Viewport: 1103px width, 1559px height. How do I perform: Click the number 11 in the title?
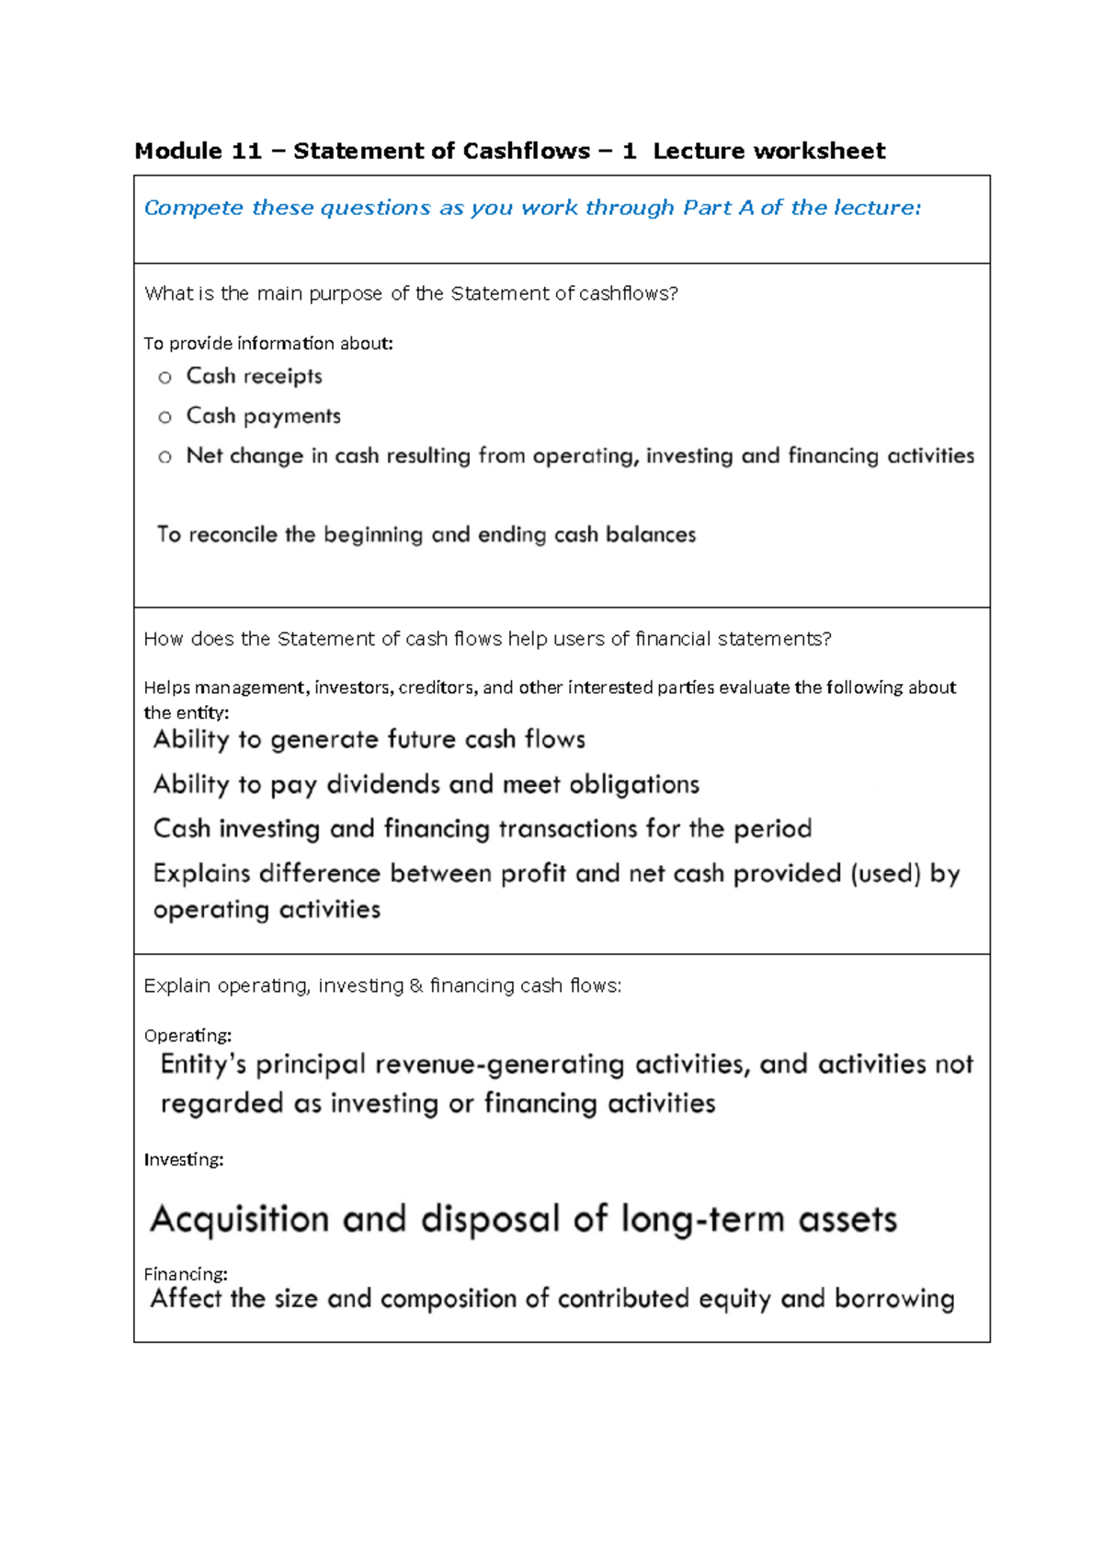click(x=246, y=151)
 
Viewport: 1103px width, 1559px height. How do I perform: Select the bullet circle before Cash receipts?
click(x=165, y=377)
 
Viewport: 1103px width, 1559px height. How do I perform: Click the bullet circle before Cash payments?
click(x=165, y=417)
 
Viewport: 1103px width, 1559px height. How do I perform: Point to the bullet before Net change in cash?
click(x=165, y=457)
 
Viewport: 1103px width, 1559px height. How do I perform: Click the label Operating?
click(x=188, y=1035)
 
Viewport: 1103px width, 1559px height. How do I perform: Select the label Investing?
click(x=184, y=1159)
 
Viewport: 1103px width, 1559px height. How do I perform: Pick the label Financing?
click(x=186, y=1274)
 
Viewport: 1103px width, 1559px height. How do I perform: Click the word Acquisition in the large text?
click(x=239, y=1220)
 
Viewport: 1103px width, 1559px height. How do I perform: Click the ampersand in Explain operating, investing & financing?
click(x=416, y=985)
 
